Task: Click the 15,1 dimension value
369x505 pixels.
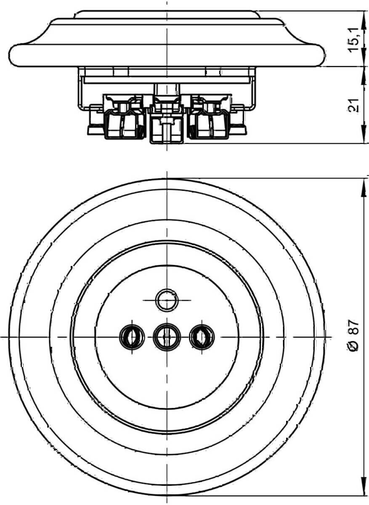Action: (353, 40)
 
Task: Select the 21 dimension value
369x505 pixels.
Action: (353, 105)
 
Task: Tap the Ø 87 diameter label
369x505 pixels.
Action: (353, 335)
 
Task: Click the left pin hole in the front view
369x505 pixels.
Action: (132, 337)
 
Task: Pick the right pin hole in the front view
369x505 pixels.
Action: (202, 337)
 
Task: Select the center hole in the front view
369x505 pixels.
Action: (167, 337)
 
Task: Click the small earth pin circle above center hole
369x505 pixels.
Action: (167, 300)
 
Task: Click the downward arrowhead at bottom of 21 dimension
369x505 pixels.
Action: (364, 134)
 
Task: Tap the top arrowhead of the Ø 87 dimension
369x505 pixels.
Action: (364, 188)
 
